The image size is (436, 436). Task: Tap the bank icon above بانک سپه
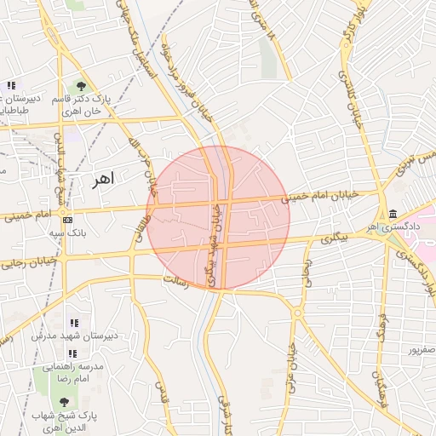click(x=68, y=219)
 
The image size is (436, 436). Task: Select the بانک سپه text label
click(x=68, y=232)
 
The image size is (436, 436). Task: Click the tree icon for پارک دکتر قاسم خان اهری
click(x=80, y=86)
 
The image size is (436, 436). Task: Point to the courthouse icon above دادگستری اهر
click(x=392, y=214)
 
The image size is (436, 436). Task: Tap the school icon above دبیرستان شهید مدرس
click(x=73, y=323)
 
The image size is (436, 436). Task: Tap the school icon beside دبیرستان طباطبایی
click(x=11, y=86)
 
